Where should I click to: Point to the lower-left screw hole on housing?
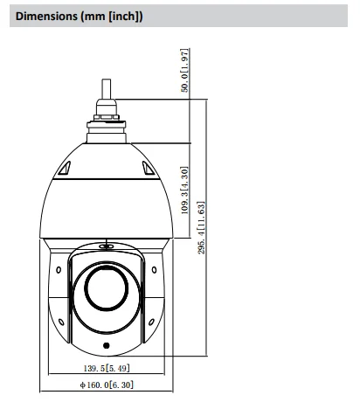point(63,322)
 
